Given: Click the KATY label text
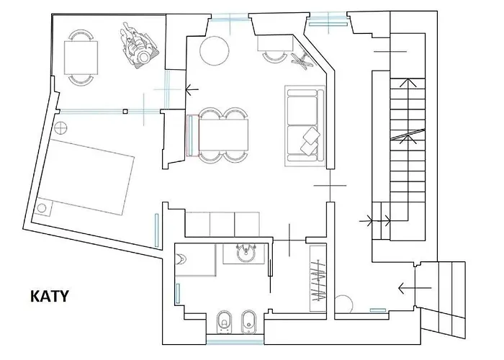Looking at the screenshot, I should [x=49, y=296].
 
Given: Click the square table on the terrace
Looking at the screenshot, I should [x=80, y=55].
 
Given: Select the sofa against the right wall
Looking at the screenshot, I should [x=305, y=123].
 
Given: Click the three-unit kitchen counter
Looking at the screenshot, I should [x=223, y=224].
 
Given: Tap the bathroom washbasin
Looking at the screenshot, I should [x=245, y=253].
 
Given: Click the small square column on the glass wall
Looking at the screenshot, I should [x=125, y=112].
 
